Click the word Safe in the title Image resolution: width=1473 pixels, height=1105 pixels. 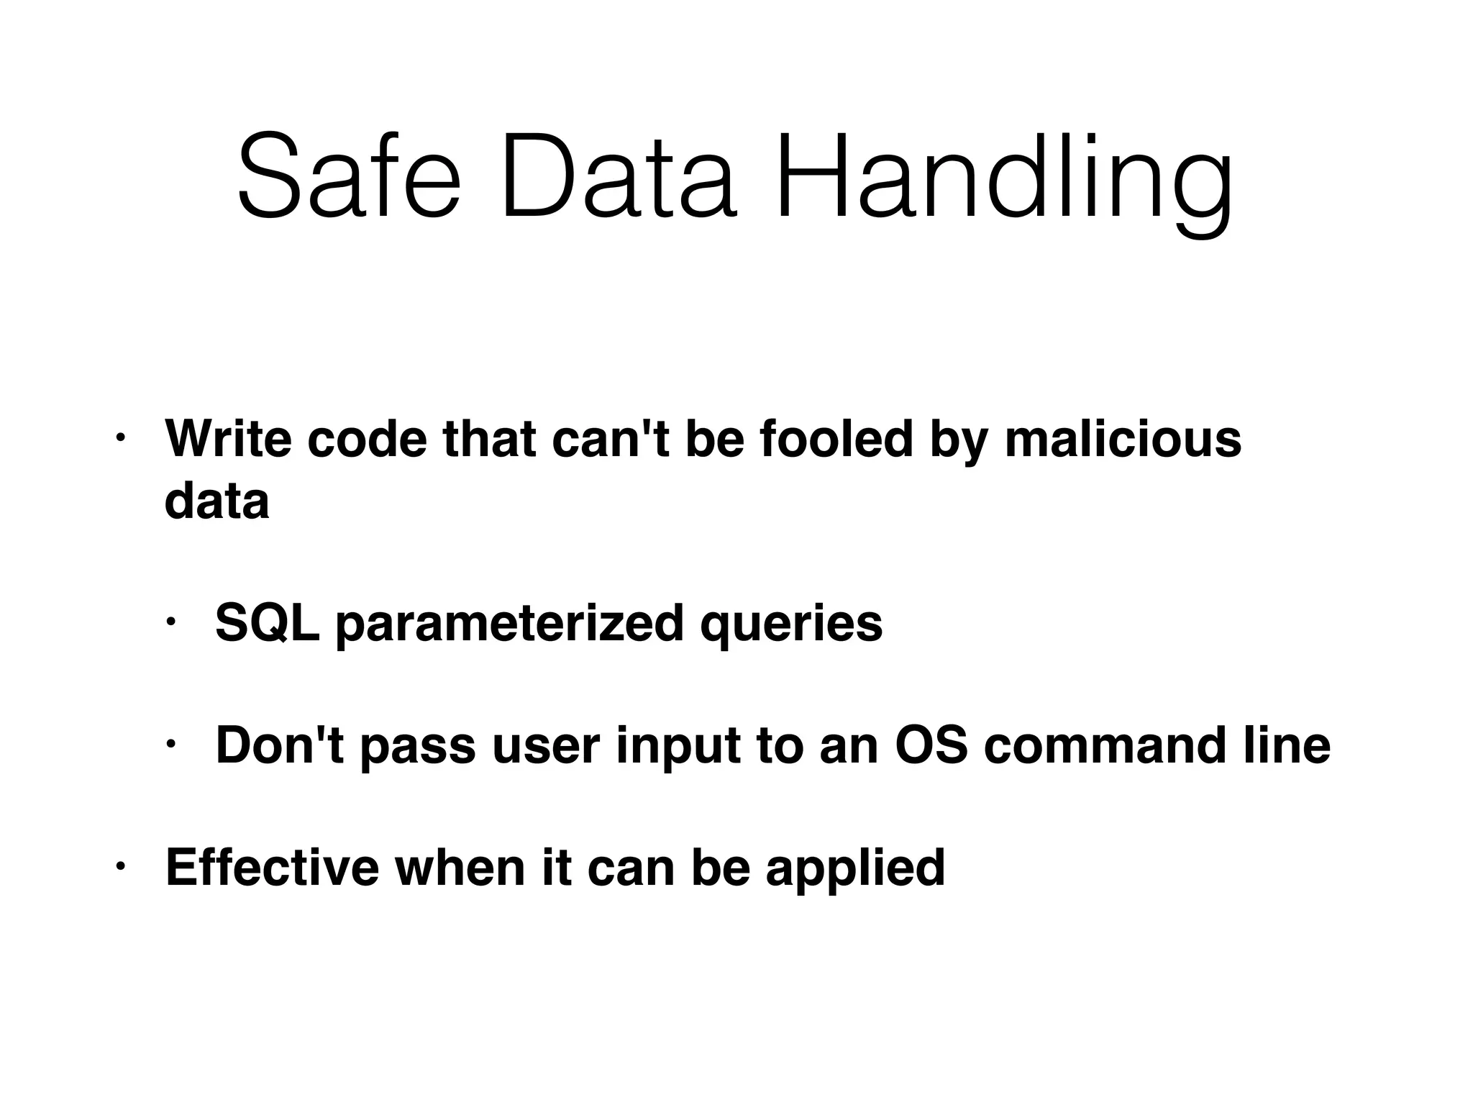349,177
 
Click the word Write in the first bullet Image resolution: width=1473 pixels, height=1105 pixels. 228,439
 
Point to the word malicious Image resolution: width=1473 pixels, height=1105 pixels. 1123,439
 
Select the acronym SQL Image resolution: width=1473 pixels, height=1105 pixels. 267,624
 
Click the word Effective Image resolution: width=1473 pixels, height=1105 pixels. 272,868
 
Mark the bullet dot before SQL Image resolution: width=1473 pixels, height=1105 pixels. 170,621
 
